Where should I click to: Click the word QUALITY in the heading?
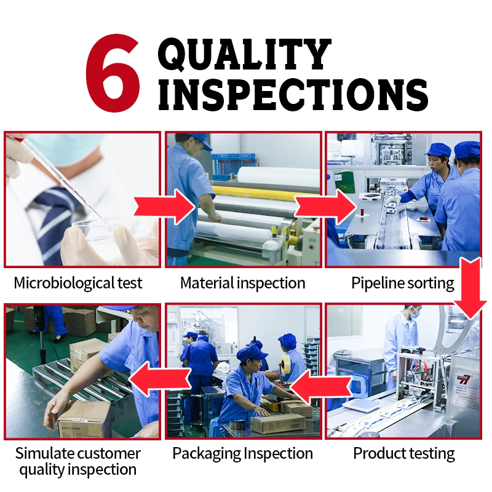tap(245, 54)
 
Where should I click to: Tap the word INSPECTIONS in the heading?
tap(293, 95)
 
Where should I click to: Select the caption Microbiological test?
tap(78, 284)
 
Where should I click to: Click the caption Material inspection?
tap(242, 284)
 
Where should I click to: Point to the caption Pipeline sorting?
tap(403, 284)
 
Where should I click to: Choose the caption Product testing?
tap(403, 454)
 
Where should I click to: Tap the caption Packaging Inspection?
tap(242, 454)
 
